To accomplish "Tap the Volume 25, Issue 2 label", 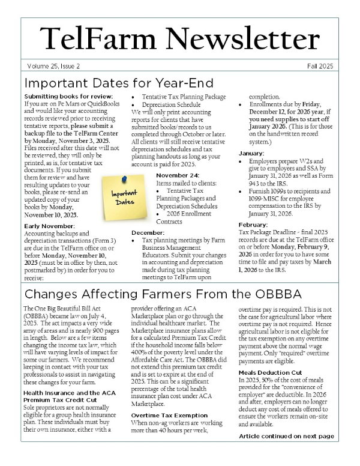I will (x=54, y=65).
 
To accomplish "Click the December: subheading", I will (x=147, y=231).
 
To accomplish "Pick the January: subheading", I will (x=250, y=153).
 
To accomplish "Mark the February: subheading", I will (x=254, y=225).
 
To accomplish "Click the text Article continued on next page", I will (x=286, y=436).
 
